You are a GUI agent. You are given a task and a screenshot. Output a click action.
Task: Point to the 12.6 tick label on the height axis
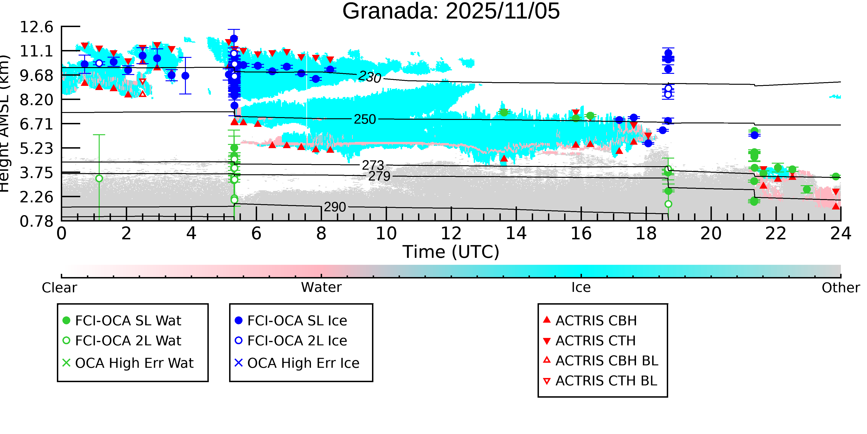[x=36, y=27]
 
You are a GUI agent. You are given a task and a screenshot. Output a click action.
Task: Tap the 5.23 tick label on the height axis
[x=36, y=148]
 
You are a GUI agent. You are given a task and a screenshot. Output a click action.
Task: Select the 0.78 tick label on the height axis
[x=36, y=221]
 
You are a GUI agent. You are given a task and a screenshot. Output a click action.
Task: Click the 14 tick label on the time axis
[x=516, y=234]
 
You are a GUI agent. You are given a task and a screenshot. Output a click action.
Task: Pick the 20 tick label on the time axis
[x=711, y=234]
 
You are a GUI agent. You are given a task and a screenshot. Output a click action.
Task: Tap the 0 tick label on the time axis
[x=61, y=234]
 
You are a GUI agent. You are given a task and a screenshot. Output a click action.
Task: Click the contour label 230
[x=369, y=77]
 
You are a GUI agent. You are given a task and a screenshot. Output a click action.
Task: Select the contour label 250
[x=365, y=119]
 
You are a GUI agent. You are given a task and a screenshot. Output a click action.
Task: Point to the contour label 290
[x=335, y=207]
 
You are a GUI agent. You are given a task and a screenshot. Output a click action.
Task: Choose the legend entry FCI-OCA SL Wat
[x=128, y=320]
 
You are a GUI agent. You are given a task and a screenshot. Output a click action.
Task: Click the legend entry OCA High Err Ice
[x=303, y=363]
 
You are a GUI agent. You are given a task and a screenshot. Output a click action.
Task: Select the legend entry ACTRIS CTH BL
[x=606, y=381]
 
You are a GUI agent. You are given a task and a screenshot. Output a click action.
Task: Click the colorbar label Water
[x=321, y=287]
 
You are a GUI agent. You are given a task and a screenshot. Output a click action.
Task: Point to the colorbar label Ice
[x=581, y=287]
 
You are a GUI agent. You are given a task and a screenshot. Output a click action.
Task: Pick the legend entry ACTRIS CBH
[x=596, y=320]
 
